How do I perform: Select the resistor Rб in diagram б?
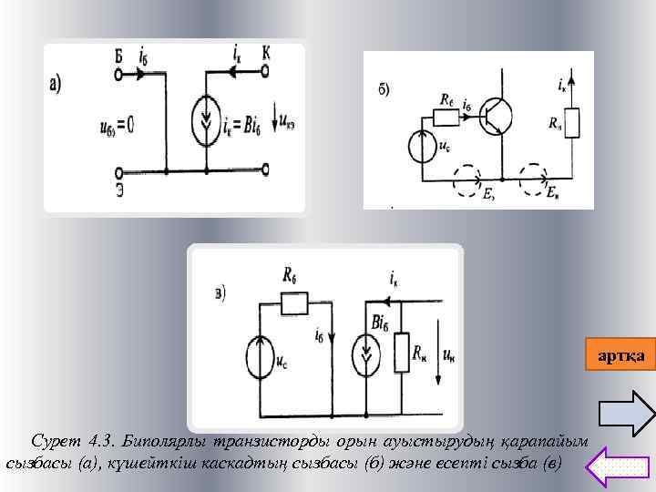pos(446,116)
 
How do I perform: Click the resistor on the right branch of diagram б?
pos(572,123)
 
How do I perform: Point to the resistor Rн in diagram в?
pos(403,352)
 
